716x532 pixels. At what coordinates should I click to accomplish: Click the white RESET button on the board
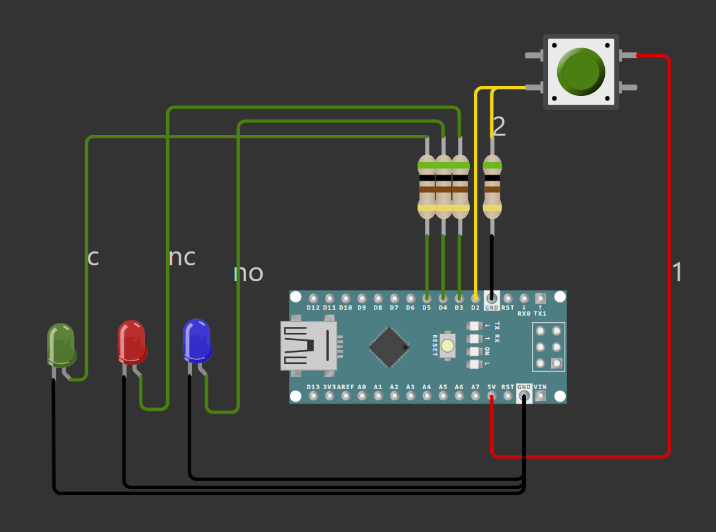point(448,345)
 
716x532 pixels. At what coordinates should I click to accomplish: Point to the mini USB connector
point(309,345)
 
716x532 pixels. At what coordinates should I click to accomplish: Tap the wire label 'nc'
point(182,257)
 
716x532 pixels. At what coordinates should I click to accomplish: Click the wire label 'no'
point(248,273)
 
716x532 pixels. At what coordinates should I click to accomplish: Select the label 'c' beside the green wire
point(93,257)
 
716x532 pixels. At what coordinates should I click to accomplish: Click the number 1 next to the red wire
point(677,273)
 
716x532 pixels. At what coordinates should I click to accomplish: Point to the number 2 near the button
point(499,127)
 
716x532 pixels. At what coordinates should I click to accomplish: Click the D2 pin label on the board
point(475,308)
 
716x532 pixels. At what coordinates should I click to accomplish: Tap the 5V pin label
point(491,387)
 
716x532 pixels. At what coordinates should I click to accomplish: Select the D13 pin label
point(313,387)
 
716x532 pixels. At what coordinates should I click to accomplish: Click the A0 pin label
point(362,387)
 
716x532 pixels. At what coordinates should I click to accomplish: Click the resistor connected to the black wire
point(492,187)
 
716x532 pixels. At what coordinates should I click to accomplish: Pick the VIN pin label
point(540,387)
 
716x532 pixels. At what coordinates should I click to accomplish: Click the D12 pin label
point(313,308)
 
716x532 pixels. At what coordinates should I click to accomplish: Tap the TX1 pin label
point(540,313)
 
